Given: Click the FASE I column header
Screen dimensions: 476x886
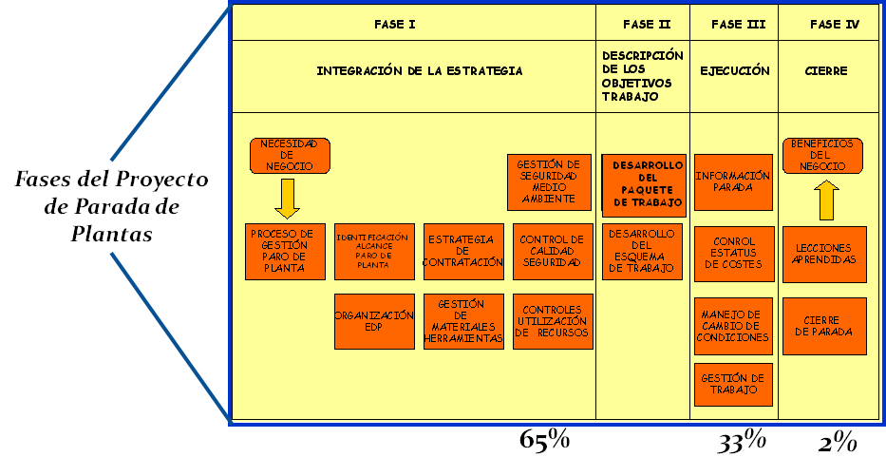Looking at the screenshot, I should (394, 25).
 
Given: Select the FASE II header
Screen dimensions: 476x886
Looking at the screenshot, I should (646, 25).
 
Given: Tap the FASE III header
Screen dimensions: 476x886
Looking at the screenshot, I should (738, 25).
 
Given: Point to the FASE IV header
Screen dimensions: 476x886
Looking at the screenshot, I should (834, 25).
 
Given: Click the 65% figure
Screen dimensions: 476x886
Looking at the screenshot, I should (544, 440).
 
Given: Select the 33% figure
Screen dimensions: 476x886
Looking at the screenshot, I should (741, 440).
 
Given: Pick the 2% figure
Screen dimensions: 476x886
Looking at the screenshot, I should (838, 442).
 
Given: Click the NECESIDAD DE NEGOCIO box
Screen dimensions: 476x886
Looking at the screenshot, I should (290, 156).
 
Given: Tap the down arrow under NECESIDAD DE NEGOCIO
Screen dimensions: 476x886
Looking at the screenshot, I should (286, 199).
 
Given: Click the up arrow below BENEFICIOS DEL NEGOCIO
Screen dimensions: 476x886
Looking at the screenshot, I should (827, 200).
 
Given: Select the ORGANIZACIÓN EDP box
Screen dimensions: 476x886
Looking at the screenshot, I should (374, 321).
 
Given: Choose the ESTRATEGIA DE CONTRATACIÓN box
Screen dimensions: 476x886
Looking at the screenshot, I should (463, 252).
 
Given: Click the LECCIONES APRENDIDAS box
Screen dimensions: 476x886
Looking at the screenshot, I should (824, 254).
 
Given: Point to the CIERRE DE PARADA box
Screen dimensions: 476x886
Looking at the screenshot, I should (824, 326).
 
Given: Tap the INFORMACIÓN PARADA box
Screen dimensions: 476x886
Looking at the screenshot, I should (733, 181).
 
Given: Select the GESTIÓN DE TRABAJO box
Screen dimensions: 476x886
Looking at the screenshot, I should (733, 384).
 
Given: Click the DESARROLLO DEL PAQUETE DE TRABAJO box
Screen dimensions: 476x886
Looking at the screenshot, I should (646, 184).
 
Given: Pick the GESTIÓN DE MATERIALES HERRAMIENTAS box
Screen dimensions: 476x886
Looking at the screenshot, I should (463, 321).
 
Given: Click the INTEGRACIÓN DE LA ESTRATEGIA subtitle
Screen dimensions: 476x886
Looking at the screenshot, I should (420, 71).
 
